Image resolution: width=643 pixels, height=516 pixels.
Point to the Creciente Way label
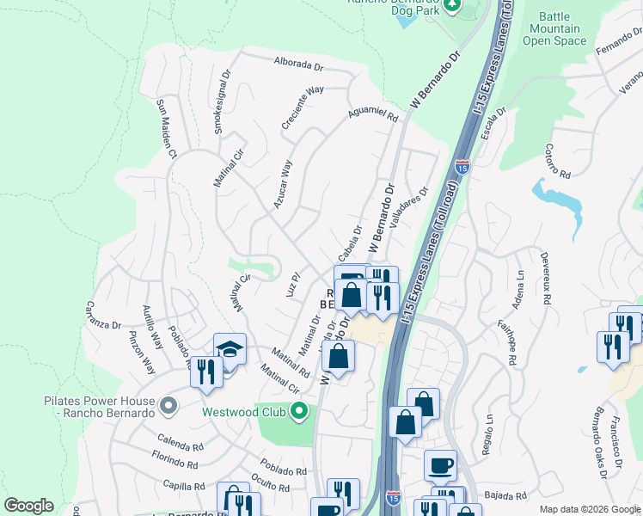click(303, 107)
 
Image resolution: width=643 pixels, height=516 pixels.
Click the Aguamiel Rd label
click(373, 113)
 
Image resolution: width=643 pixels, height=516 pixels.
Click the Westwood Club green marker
click(299, 411)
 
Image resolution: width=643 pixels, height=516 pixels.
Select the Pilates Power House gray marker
click(168, 403)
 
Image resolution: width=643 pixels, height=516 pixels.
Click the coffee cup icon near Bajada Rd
click(440, 465)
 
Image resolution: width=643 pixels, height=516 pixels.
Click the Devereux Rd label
click(545, 276)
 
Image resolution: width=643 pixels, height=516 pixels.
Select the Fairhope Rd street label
click(511, 342)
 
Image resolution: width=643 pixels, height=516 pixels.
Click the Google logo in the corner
click(28, 506)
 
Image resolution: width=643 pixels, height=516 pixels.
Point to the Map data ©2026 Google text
click(589, 509)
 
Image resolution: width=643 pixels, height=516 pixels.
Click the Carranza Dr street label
click(103, 316)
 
